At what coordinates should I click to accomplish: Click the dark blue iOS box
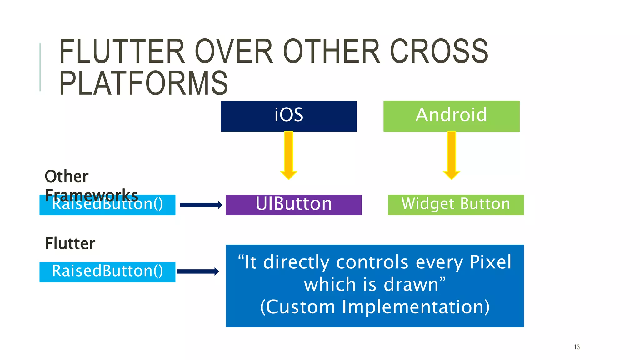pyautogui.click(x=288, y=116)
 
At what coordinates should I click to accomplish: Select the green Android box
pyautogui.click(x=451, y=116)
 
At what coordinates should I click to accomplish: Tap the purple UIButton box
pyautogui.click(x=293, y=205)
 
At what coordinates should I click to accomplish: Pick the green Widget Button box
pyautogui.click(x=456, y=205)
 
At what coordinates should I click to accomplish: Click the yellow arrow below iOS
pyautogui.click(x=288, y=155)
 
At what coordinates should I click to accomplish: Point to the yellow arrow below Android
pyautogui.click(x=451, y=155)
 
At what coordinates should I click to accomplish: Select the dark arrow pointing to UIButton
pyautogui.click(x=201, y=205)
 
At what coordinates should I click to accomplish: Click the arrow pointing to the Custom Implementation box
pyautogui.click(x=197, y=271)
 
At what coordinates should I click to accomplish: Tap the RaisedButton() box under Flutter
pyautogui.click(x=107, y=272)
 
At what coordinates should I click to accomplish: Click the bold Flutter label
pyautogui.click(x=70, y=243)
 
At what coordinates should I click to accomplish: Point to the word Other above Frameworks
pyautogui.click(x=67, y=176)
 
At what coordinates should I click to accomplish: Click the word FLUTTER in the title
pyautogui.click(x=122, y=52)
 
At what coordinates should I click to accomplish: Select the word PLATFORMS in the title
pyautogui.click(x=143, y=83)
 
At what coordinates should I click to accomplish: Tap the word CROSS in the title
pyautogui.click(x=439, y=52)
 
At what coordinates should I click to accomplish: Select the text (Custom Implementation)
pyautogui.click(x=375, y=307)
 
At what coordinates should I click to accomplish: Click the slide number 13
pyautogui.click(x=577, y=347)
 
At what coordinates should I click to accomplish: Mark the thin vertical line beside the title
pyautogui.click(x=40, y=67)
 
